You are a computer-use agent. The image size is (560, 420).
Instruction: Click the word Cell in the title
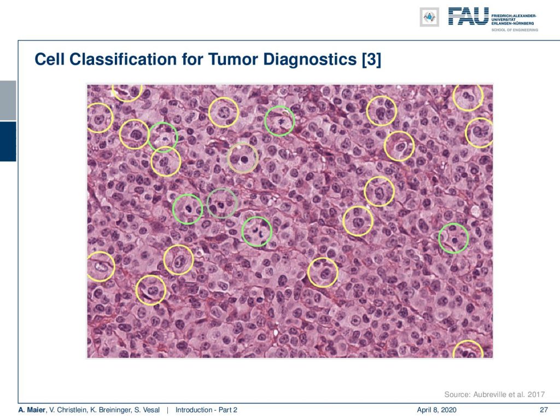(49, 59)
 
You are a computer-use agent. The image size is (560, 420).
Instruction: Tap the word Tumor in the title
(232, 59)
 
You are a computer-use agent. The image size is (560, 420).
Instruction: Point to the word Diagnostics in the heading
(310, 59)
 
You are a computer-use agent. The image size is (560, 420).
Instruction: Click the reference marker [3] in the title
(371, 60)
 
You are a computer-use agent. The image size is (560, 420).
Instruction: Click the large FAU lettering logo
(469, 16)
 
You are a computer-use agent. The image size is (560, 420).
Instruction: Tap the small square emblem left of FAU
(429, 17)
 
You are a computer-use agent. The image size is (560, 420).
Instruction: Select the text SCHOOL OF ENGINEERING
(515, 30)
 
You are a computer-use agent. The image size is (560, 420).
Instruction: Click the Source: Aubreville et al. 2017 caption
(494, 394)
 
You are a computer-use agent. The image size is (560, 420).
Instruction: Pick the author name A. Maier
(32, 410)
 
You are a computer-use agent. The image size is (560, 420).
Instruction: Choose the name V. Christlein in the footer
(68, 410)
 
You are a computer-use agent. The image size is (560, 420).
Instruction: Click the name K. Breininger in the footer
(110, 410)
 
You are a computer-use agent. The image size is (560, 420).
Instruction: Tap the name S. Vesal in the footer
(147, 410)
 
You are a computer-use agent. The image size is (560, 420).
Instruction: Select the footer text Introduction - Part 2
(206, 410)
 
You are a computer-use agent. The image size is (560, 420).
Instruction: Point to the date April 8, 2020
(436, 410)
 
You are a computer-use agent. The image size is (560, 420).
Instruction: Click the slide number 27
(544, 410)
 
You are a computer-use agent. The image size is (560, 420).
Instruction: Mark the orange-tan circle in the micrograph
(228, 158)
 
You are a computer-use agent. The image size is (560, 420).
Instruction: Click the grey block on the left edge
(8, 101)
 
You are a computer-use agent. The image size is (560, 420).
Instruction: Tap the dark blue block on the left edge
(8, 142)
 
